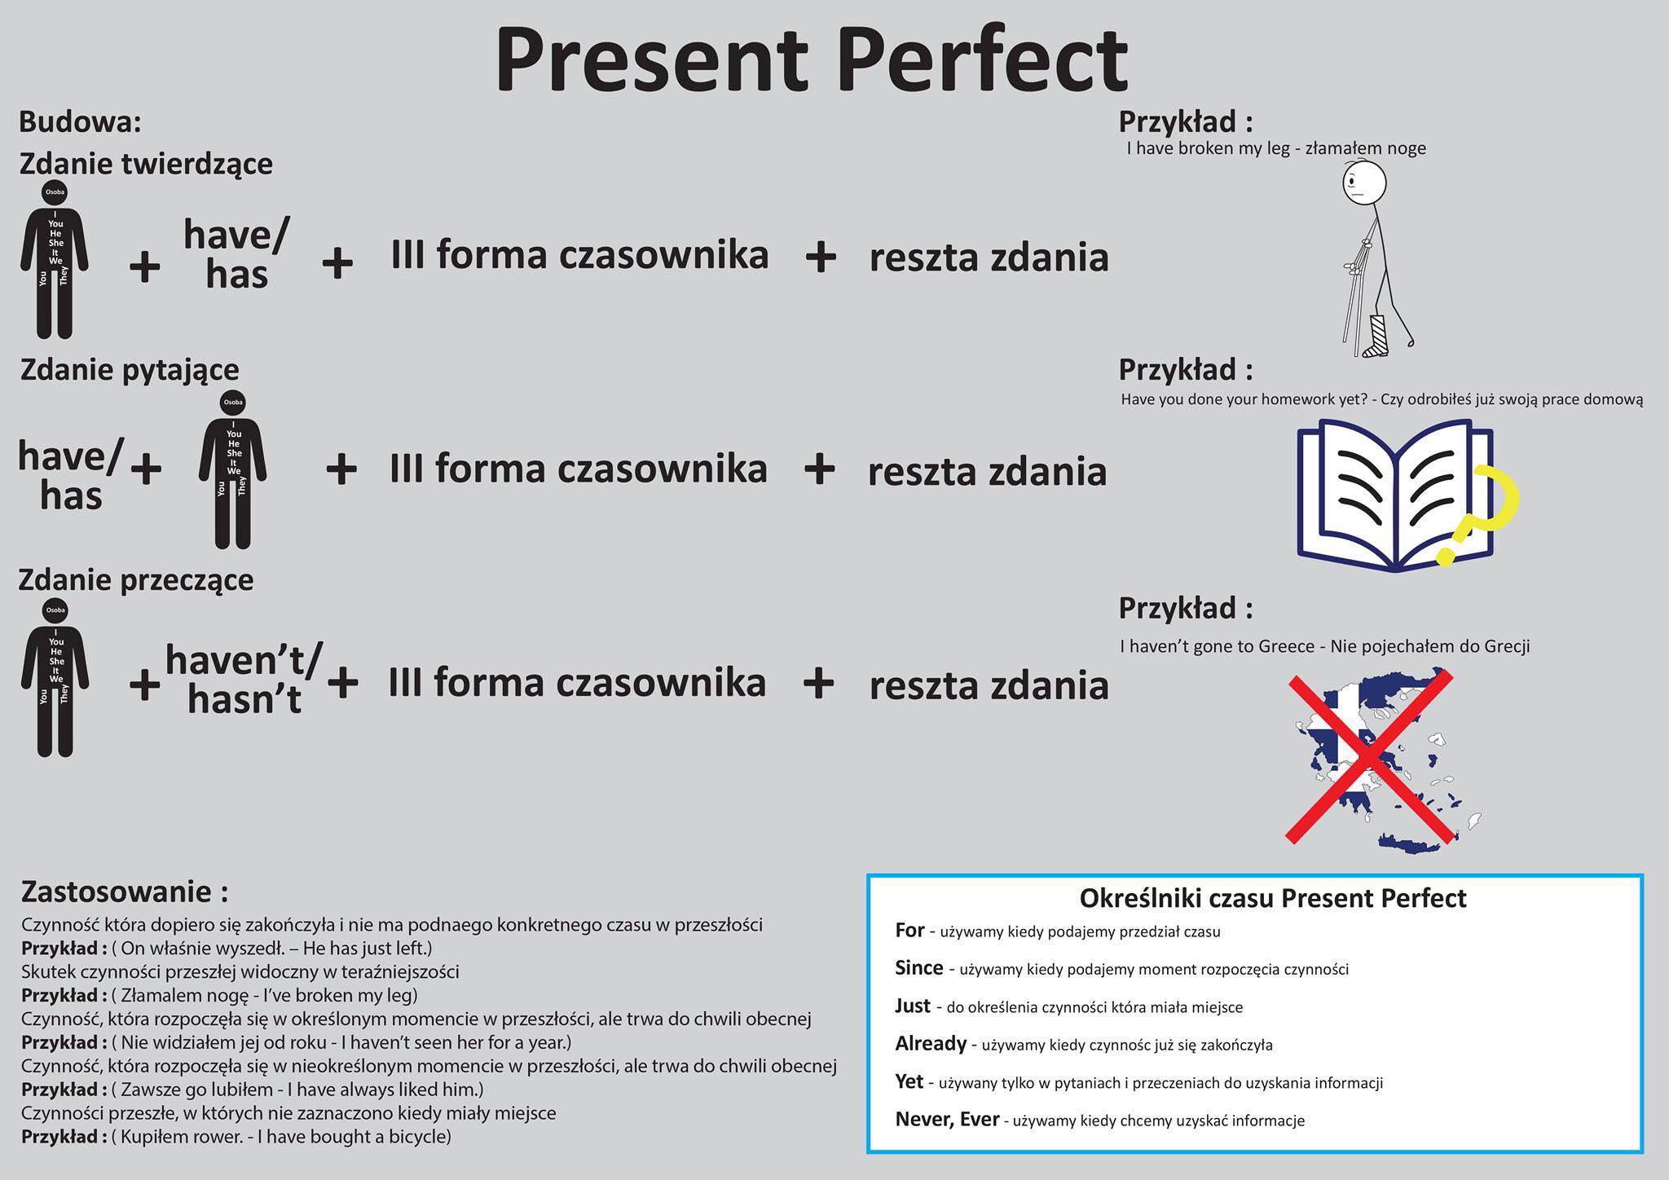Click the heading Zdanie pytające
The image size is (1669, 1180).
pyautogui.click(x=130, y=370)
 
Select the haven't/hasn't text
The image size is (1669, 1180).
pyautogui.click(x=244, y=679)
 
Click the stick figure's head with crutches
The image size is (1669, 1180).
pyautogui.click(x=1363, y=183)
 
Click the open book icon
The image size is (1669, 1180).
pyautogui.click(x=1395, y=495)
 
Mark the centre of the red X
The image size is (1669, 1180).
pyautogui.click(x=1370, y=755)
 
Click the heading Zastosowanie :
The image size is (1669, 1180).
pyautogui.click(x=125, y=892)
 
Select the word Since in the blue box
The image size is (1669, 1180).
pyautogui.click(x=918, y=967)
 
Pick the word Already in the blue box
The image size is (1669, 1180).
pyautogui.click(x=931, y=1043)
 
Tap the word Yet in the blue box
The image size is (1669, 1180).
pyautogui.click(x=909, y=1081)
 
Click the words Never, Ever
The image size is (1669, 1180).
pyautogui.click(x=947, y=1120)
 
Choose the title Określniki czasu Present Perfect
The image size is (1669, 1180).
pyautogui.click(x=1272, y=898)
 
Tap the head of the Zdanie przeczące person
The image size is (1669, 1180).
pyautogui.click(x=55, y=610)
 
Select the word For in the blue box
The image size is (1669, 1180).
pyautogui.click(x=909, y=930)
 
